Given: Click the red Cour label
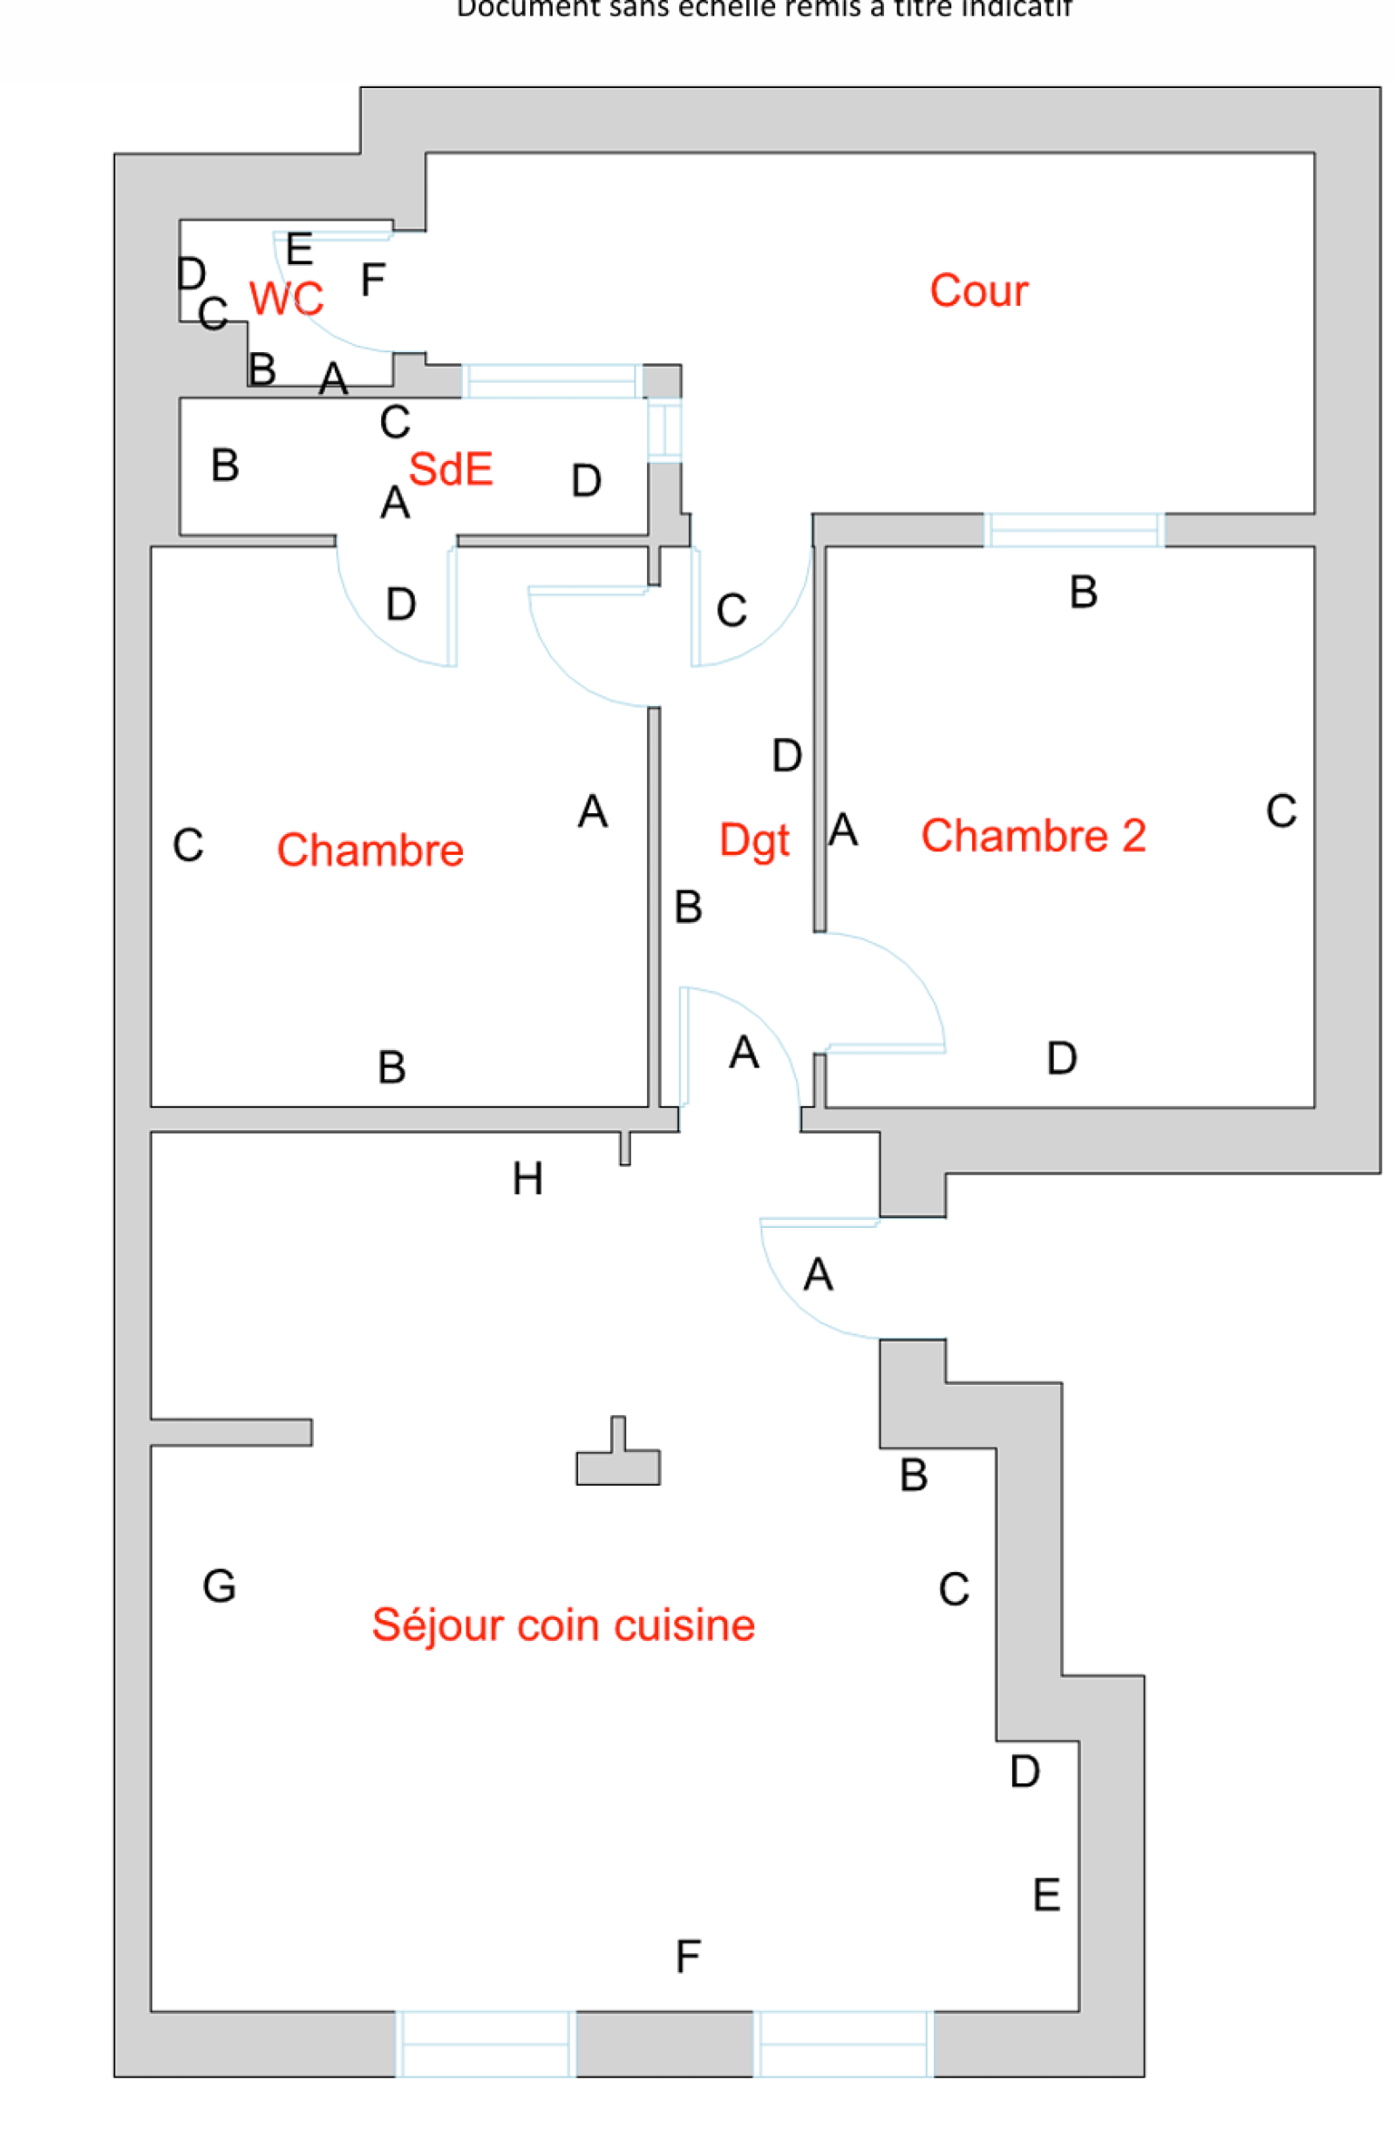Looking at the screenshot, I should pyautogui.click(x=978, y=291).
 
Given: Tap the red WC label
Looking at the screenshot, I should pyautogui.click(x=285, y=298).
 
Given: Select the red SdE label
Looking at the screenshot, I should pyautogui.click(x=450, y=469).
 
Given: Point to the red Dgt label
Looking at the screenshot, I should pyautogui.click(x=753, y=839).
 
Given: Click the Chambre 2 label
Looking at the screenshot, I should pyautogui.click(x=1032, y=836).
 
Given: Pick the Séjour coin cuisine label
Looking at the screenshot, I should pyautogui.click(x=563, y=1625).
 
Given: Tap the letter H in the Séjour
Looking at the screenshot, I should pyautogui.click(x=527, y=1179).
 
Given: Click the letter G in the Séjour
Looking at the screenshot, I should pyautogui.click(x=220, y=1586).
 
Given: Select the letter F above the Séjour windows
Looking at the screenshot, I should pyautogui.click(x=688, y=1957).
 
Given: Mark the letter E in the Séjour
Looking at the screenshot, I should pyautogui.click(x=1046, y=1895).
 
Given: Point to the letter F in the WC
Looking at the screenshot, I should pyautogui.click(x=372, y=280).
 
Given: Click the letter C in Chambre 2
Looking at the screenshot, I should pyautogui.click(x=1281, y=811).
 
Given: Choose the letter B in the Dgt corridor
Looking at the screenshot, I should pyautogui.click(x=689, y=907).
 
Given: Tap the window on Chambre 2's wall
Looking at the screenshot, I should pyautogui.click(x=1073, y=530).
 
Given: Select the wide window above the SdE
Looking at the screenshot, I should pyautogui.click(x=551, y=381).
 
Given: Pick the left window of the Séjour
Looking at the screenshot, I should pyautogui.click(x=485, y=2044).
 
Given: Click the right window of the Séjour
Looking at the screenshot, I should pyautogui.click(x=843, y=2044).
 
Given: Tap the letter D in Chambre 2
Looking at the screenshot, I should pyautogui.click(x=1062, y=1058).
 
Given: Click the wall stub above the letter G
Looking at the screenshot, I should pyautogui.click(x=231, y=1432).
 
